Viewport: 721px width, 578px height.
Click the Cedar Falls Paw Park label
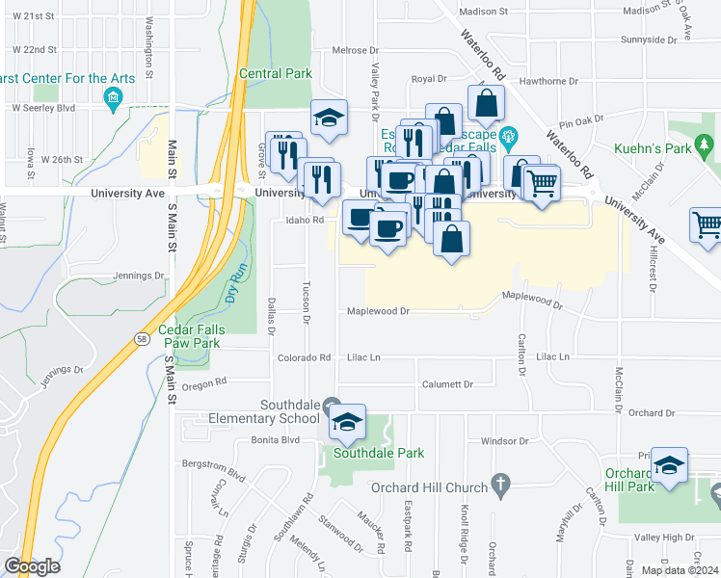pos(200,334)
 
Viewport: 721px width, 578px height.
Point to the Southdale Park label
pos(365,452)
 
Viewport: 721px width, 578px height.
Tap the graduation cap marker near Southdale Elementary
pos(347,422)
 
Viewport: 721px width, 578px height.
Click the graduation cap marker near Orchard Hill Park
pos(669,465)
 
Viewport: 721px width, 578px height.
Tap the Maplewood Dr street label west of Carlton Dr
pos(379,311)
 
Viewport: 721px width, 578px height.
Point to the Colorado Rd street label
pos(306,357)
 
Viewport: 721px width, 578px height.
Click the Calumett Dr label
pos(447,383)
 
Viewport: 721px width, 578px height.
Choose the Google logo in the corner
pos(32,566)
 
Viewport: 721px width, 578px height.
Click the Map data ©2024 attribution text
pos(680,570)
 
